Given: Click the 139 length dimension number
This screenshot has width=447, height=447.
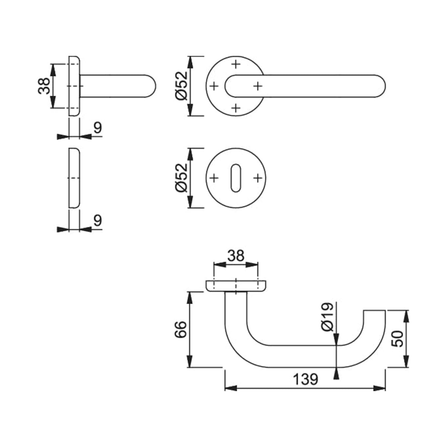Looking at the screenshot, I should [305, 379].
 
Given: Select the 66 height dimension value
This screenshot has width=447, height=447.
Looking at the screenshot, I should [180, 329].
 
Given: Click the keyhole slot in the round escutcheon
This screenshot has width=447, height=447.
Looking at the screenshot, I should [235, 179].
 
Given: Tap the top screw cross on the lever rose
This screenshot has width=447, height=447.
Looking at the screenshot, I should [235, 64].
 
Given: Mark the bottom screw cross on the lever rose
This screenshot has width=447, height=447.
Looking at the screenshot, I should [235, 108].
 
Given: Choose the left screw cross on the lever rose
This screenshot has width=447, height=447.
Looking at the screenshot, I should [214, 86].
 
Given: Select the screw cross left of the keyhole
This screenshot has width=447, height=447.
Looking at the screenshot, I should [214, 178].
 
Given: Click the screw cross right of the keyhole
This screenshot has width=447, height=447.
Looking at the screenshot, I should [257, 178].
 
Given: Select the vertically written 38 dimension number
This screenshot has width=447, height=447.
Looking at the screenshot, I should [44, 86].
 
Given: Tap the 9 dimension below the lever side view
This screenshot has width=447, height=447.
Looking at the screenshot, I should [97, 128].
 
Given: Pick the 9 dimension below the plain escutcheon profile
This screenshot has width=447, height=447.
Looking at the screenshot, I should [97, 221].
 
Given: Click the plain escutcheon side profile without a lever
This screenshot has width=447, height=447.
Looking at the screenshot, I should [74, 178].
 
